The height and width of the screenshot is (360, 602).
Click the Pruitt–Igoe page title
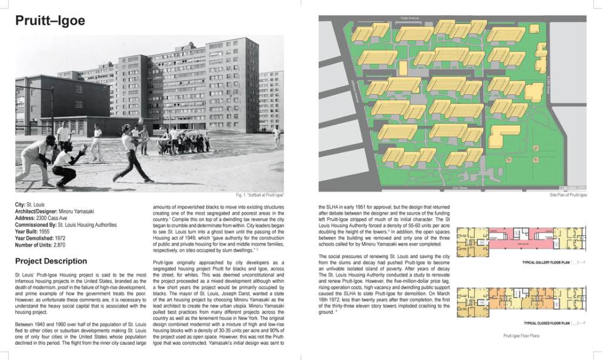51,21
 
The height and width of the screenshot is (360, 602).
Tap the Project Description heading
51,261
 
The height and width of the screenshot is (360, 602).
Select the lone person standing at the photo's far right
276,138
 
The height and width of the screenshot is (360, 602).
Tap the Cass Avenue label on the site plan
412,19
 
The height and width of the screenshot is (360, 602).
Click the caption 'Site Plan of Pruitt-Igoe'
568,195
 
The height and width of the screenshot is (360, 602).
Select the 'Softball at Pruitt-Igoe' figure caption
259,195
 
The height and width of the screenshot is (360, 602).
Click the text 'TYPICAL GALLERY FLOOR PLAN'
547,262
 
